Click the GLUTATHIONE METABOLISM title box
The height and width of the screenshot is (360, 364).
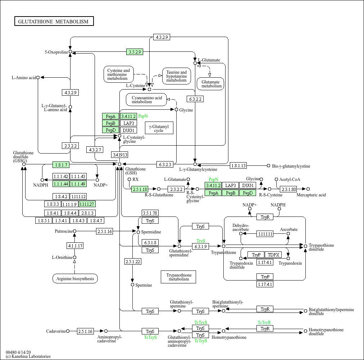[54, 22]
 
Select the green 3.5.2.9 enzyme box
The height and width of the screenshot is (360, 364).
[135, 52]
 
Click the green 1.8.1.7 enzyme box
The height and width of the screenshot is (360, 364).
[60, 165]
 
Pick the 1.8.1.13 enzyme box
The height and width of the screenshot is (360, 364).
[238, 166]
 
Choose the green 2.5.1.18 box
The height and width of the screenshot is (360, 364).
[140, 189]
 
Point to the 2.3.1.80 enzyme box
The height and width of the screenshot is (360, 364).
[288, 189]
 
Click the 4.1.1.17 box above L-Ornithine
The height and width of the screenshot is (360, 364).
[75, 246]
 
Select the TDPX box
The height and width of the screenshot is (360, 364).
[274, 255]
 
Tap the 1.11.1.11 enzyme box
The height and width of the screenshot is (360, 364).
[265, 234]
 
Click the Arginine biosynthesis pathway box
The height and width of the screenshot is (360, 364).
[75, 279]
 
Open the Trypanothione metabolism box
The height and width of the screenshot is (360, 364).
[178, 277]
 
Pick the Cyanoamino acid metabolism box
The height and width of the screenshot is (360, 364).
[146, 100]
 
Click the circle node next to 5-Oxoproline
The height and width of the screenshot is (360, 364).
[70, 52]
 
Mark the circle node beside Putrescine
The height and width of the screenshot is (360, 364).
[75, 231]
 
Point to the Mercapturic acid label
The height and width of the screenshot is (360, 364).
[311, 195]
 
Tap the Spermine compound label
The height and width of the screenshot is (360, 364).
[144, 285]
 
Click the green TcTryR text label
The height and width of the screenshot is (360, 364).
[264, 322]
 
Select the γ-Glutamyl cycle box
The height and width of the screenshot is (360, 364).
[159, 128]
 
